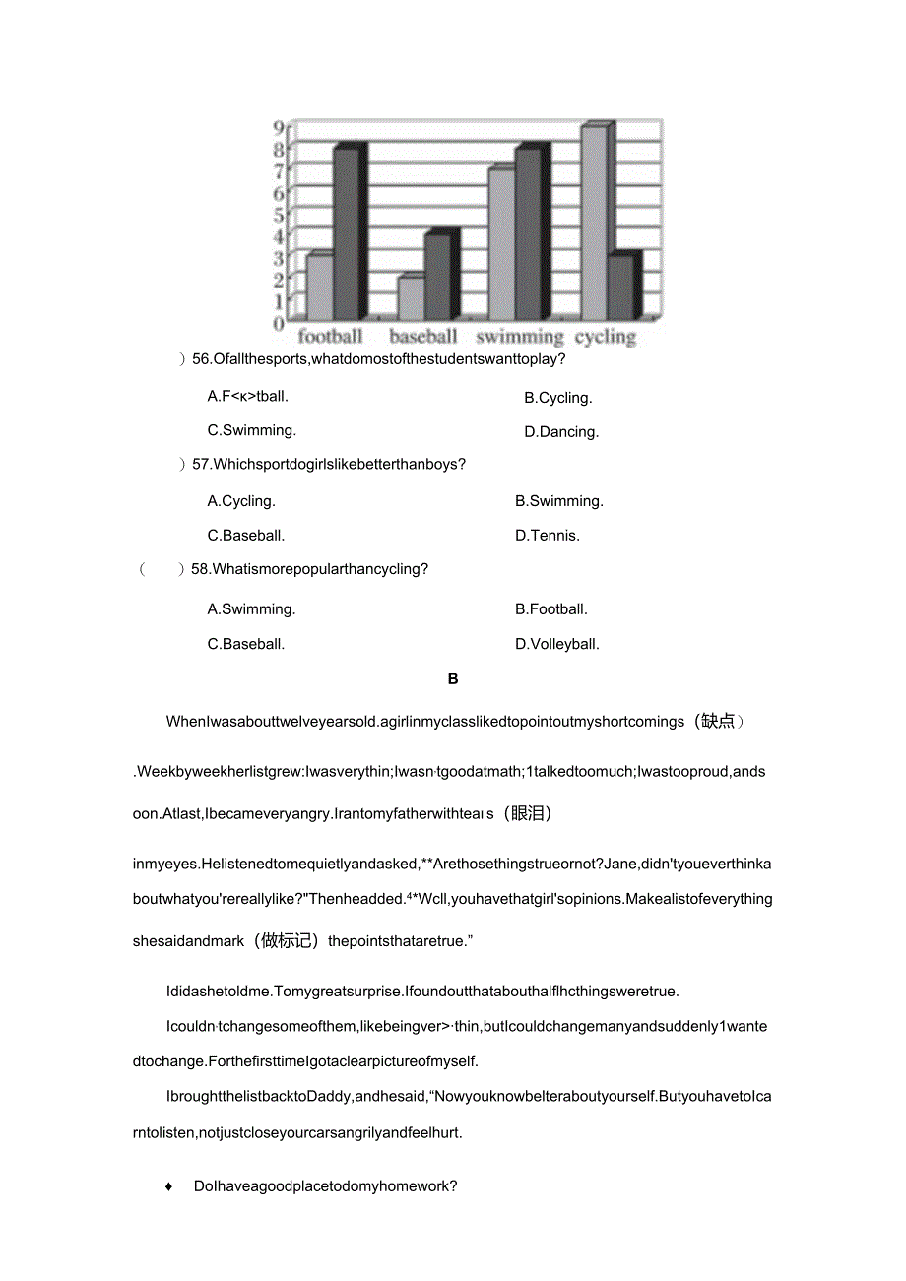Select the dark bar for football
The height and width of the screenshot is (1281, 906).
pos(347,233)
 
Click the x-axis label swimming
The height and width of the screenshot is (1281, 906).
pos(519,337)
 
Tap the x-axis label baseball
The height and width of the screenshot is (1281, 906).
pos(423,337)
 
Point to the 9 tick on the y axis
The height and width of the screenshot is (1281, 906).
pos(279,127)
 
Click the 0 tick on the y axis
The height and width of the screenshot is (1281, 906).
pos(279,322)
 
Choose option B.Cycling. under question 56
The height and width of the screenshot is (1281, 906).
pos(557,398)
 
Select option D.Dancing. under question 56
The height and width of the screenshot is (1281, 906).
pos(560,432)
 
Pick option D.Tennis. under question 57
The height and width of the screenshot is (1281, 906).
pos(548,536)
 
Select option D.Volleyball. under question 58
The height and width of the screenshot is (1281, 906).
pos(557,644)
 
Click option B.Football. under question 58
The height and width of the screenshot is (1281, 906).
pos(551,609)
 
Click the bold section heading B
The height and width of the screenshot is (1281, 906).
pos(453,679)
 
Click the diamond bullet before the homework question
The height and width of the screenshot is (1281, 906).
pos(169,1186)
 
